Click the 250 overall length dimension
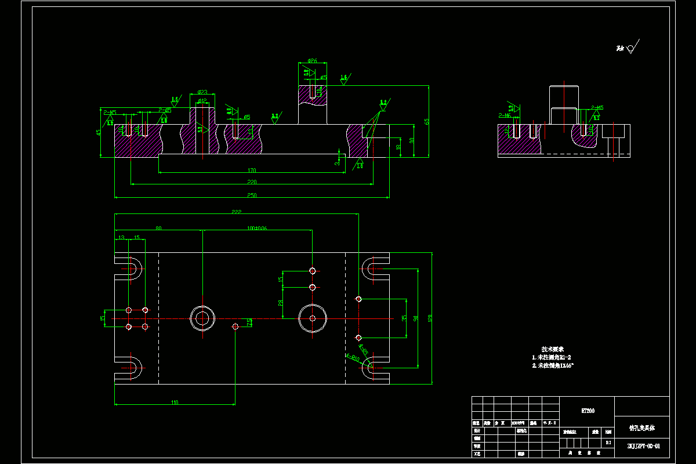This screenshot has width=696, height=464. [x=252, y=195]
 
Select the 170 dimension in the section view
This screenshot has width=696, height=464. [x=252, y=171]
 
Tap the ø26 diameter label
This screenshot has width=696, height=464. [x=312, y=60]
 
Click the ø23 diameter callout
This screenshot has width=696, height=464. [x=202, y=92]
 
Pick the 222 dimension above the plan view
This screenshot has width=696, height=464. [x=236, y=212]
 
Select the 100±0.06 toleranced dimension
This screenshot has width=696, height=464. [x=257, y=229]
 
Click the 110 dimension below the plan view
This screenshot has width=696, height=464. [x=174, y=402]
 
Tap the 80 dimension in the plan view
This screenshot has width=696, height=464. [x=158, y=229]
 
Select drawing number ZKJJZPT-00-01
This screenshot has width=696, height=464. [x=643, y=447]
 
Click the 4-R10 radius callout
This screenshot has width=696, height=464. [x=353, y=358]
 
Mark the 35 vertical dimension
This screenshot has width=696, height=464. [x=404, y=318]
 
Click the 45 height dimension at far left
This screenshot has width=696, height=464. [x=99, y=132]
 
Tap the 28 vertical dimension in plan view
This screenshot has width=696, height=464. [x=281, y=303]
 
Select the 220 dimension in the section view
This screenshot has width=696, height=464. [x=252, y=182]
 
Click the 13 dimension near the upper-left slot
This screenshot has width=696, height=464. [x=121, y=237]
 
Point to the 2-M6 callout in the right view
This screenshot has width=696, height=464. [x=503, y=115]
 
